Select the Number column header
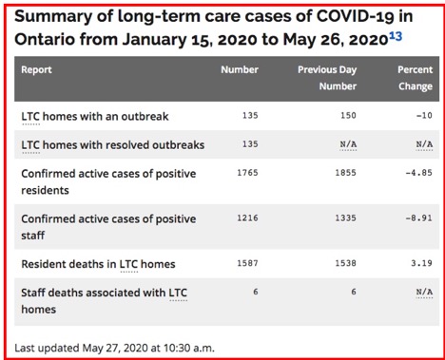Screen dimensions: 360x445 [x=239, y=69]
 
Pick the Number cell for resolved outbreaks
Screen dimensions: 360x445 [x=247, y=144]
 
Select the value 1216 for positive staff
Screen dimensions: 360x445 [x=244, y=218]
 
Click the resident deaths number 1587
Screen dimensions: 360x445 [x=244, y=263]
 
